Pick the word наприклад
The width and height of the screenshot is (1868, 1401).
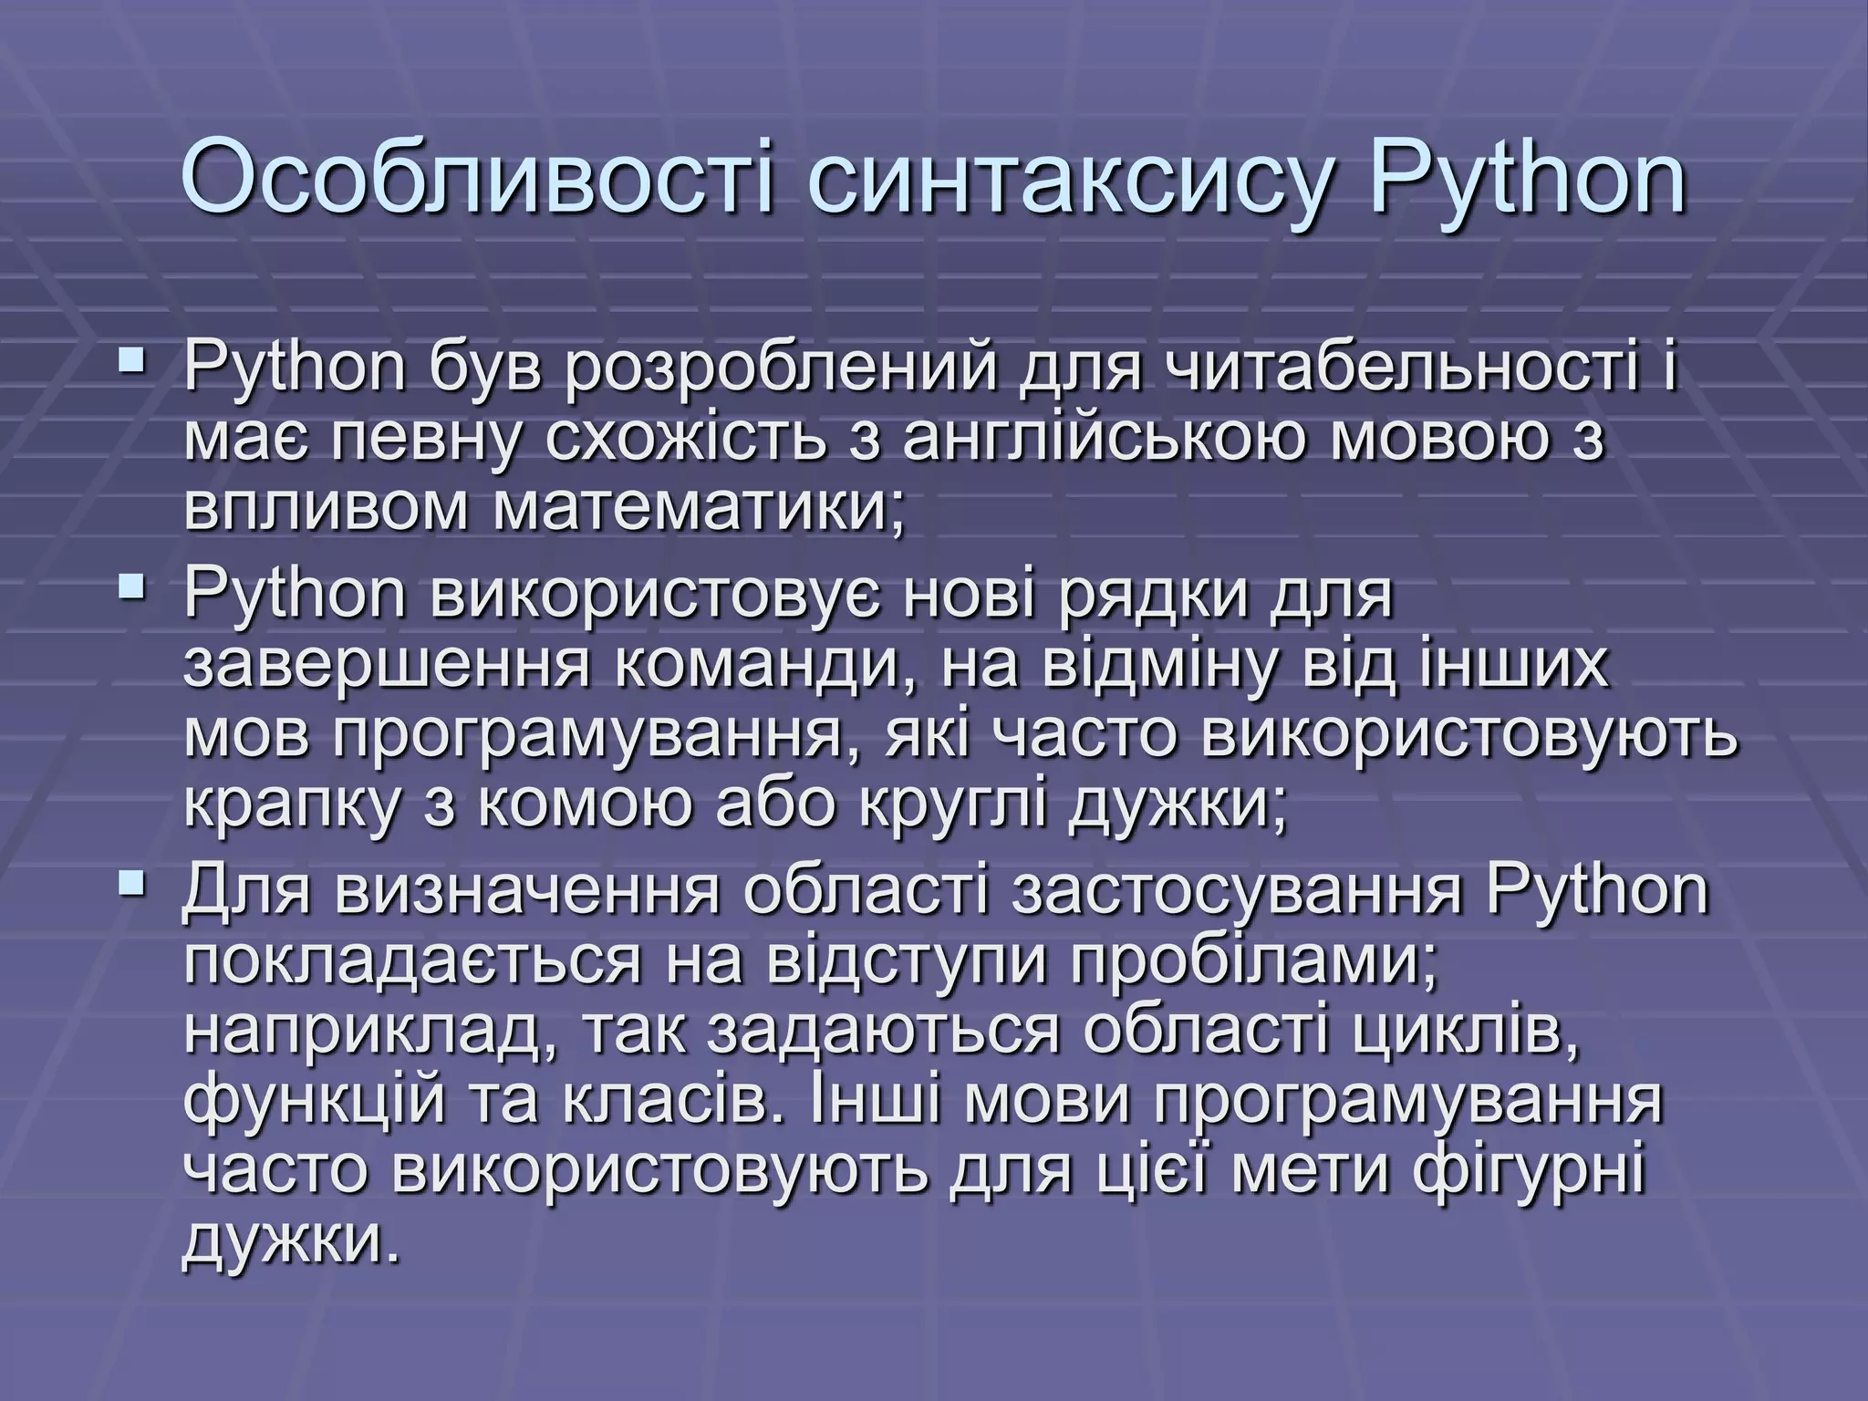coord(374,1033)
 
